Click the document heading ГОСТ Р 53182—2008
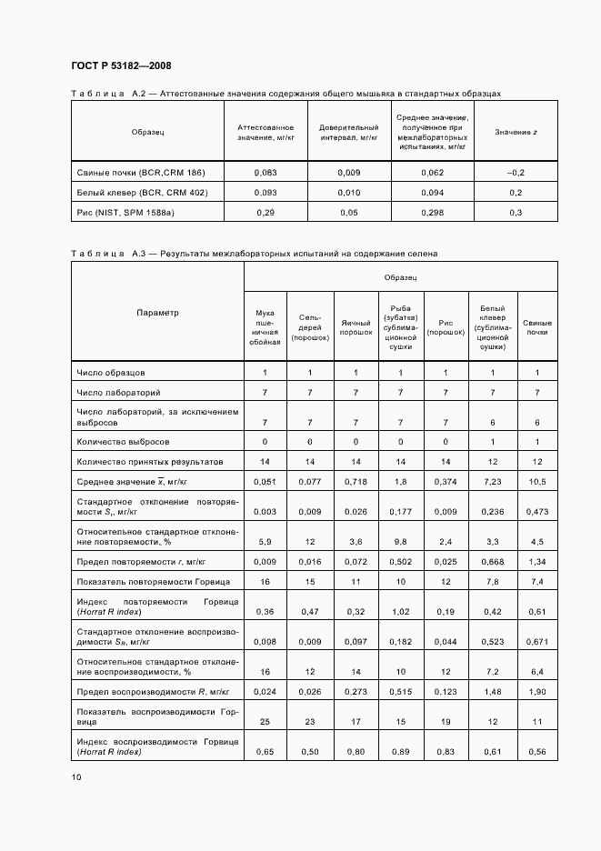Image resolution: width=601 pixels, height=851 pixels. click(121, 66)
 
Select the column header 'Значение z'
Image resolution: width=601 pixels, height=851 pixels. click(516, 133)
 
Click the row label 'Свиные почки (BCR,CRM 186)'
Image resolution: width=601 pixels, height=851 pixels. click(141, 172)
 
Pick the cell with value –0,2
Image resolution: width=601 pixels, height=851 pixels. click(516, 172)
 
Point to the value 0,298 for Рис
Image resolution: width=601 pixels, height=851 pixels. click(433, 212)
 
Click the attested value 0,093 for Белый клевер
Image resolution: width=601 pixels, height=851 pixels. click(265, 192)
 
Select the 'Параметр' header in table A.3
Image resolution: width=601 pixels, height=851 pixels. click(157, 313)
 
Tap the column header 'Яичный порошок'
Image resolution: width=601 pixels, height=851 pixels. click(356, 327)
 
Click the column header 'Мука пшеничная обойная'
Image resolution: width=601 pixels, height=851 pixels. click(265, 327)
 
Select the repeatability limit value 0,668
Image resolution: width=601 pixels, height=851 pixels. click(492, 562)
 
